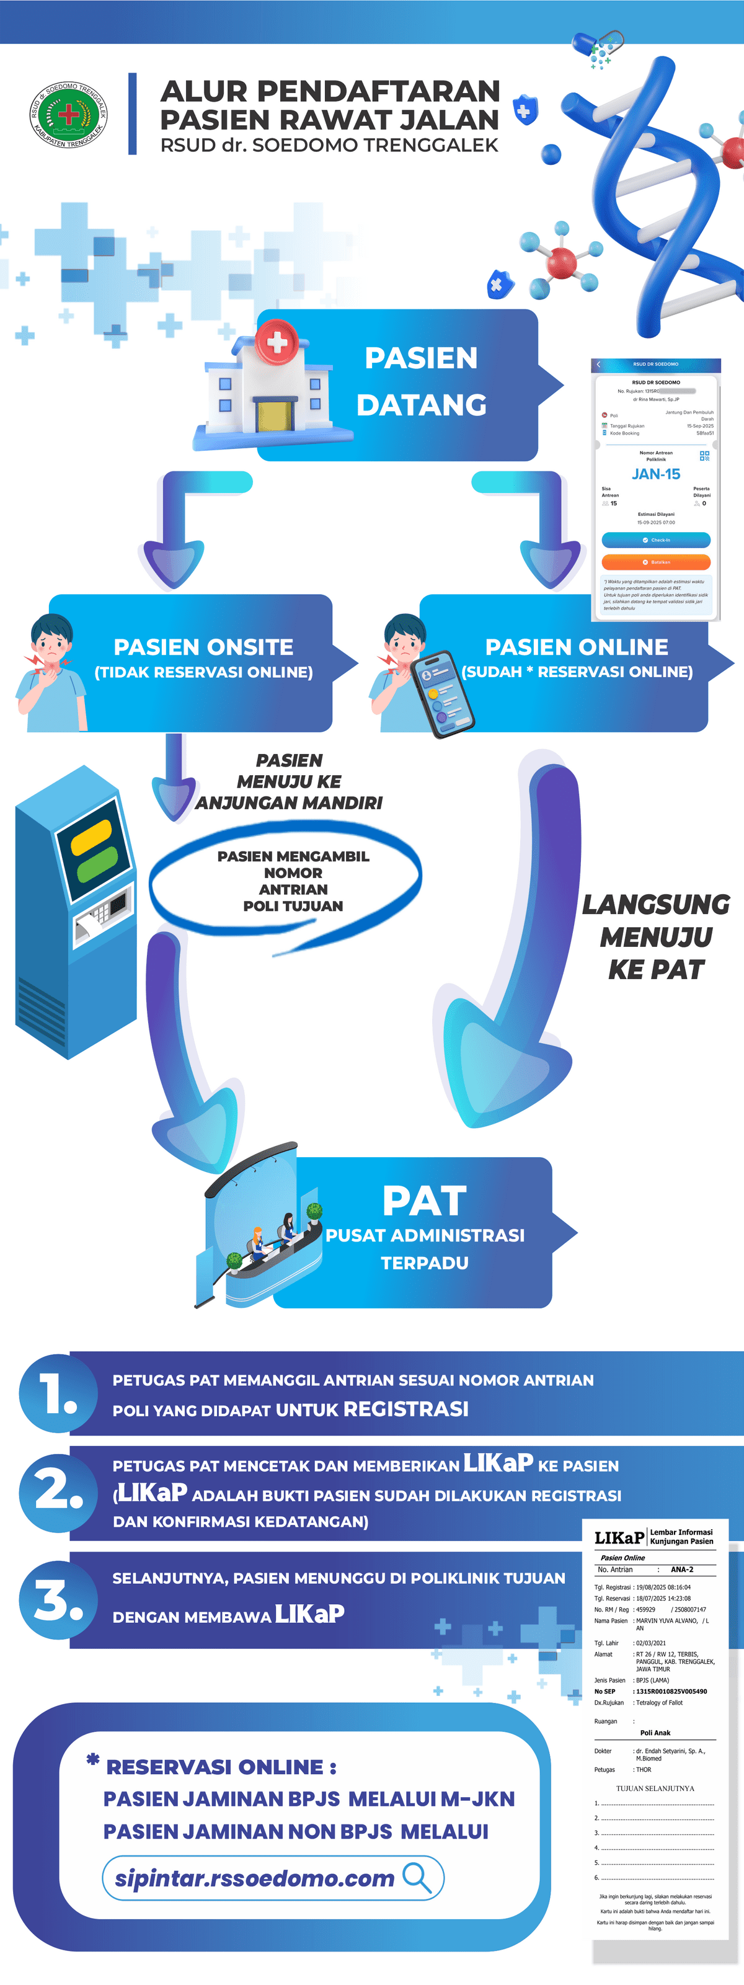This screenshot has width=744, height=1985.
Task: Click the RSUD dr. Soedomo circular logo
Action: click(x=69, y=115)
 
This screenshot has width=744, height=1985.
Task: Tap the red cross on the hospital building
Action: click(x=277, y=342)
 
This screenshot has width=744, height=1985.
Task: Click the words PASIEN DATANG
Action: click(x=422, y=381)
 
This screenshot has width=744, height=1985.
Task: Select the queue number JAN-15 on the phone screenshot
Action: click(x=655, y=474)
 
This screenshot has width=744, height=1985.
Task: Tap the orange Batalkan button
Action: click(x=655, y=562)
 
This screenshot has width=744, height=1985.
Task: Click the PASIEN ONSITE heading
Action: click(x=203, y=647)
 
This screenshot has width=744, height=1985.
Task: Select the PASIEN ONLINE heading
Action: click(x=576, y=647)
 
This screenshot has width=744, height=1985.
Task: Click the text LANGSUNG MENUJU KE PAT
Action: click(x=655, y=936)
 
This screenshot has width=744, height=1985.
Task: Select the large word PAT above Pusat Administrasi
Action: click(x=424, y=1201)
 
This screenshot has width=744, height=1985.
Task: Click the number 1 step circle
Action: click(x=58, y=1394)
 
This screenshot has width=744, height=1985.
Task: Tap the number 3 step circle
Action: click(x=58, y=1601)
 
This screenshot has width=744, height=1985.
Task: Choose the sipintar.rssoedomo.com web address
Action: click(x=254, y=1878)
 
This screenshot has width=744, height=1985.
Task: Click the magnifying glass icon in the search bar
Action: click(x=417, y=1877)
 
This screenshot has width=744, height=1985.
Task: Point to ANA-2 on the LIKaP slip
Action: click(x=681, y=1569)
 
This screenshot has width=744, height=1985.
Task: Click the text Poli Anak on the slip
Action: click(x=655, y=1732)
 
